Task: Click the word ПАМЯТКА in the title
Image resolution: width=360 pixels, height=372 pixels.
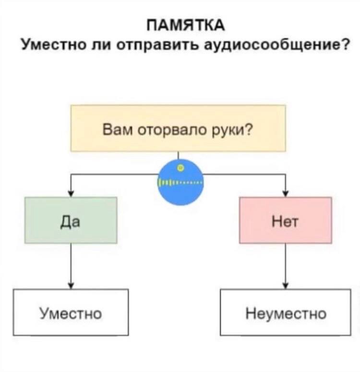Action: [x=186, y=25]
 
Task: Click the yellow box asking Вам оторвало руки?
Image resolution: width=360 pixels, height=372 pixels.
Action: [x=178, y=128]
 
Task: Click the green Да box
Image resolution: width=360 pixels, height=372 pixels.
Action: [x=71, y=220]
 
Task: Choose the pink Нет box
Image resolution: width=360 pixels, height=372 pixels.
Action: [x=286, y=220]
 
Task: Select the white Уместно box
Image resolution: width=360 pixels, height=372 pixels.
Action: [x=71, y=312]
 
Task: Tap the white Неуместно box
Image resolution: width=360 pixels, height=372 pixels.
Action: [x=286, y=312]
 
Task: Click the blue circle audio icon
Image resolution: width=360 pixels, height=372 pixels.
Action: [x=180, y=182]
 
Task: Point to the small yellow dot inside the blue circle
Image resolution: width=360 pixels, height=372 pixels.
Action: [x=181, y=168]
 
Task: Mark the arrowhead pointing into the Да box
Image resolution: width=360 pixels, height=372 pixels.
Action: [x=71, y=194]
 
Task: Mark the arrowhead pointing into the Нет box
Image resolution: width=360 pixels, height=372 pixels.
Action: [x=286, y=194]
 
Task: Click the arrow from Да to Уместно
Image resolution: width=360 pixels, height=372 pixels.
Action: [x=71, y=266]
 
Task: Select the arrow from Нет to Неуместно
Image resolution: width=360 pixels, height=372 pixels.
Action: [x=286, y=266]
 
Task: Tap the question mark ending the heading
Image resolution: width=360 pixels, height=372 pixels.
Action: [x=345, y=44]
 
